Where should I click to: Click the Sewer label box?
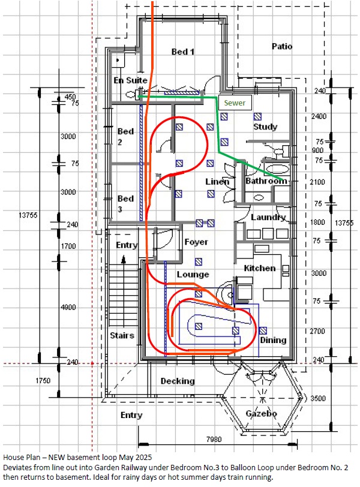pyautogui.click(x=235, y=103)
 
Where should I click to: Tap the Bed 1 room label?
pyautogui.click(x=182, y=52)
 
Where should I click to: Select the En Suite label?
pyautogui.click(x=130, y=80)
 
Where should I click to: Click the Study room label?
pyautogui.click(x=265, y=127)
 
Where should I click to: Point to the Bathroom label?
pyautogui.click(x=266, y=181)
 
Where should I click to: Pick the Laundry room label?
pyautogui.click(x=268, y=217)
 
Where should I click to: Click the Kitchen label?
pyautogui.click(x=260, y=268)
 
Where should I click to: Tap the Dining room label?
pyautogui.click(x=273, y=341)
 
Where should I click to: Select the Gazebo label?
pyautogui.click(x=261, y=413)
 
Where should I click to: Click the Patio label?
pyautogui.click(x=282, y=46)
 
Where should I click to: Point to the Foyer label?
pyautogui.click(x=196, y=242)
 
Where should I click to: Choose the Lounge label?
pyautogui.click(x=193, y=275)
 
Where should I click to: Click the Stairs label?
pyautogui.click(x=122, y=335)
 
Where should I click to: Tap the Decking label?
pyautogui.click(x=178, y=381)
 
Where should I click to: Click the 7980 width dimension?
pyautogui.click(x=214, y=440)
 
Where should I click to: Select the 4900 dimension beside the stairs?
pyautogui.click(x=68, y=308)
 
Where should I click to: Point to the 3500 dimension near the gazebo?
pyautogui.click(x=318, y=398)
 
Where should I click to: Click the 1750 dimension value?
pyautogui.click(x=43, y=381)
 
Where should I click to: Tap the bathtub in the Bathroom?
pyautogui.click(x=277, y=169)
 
